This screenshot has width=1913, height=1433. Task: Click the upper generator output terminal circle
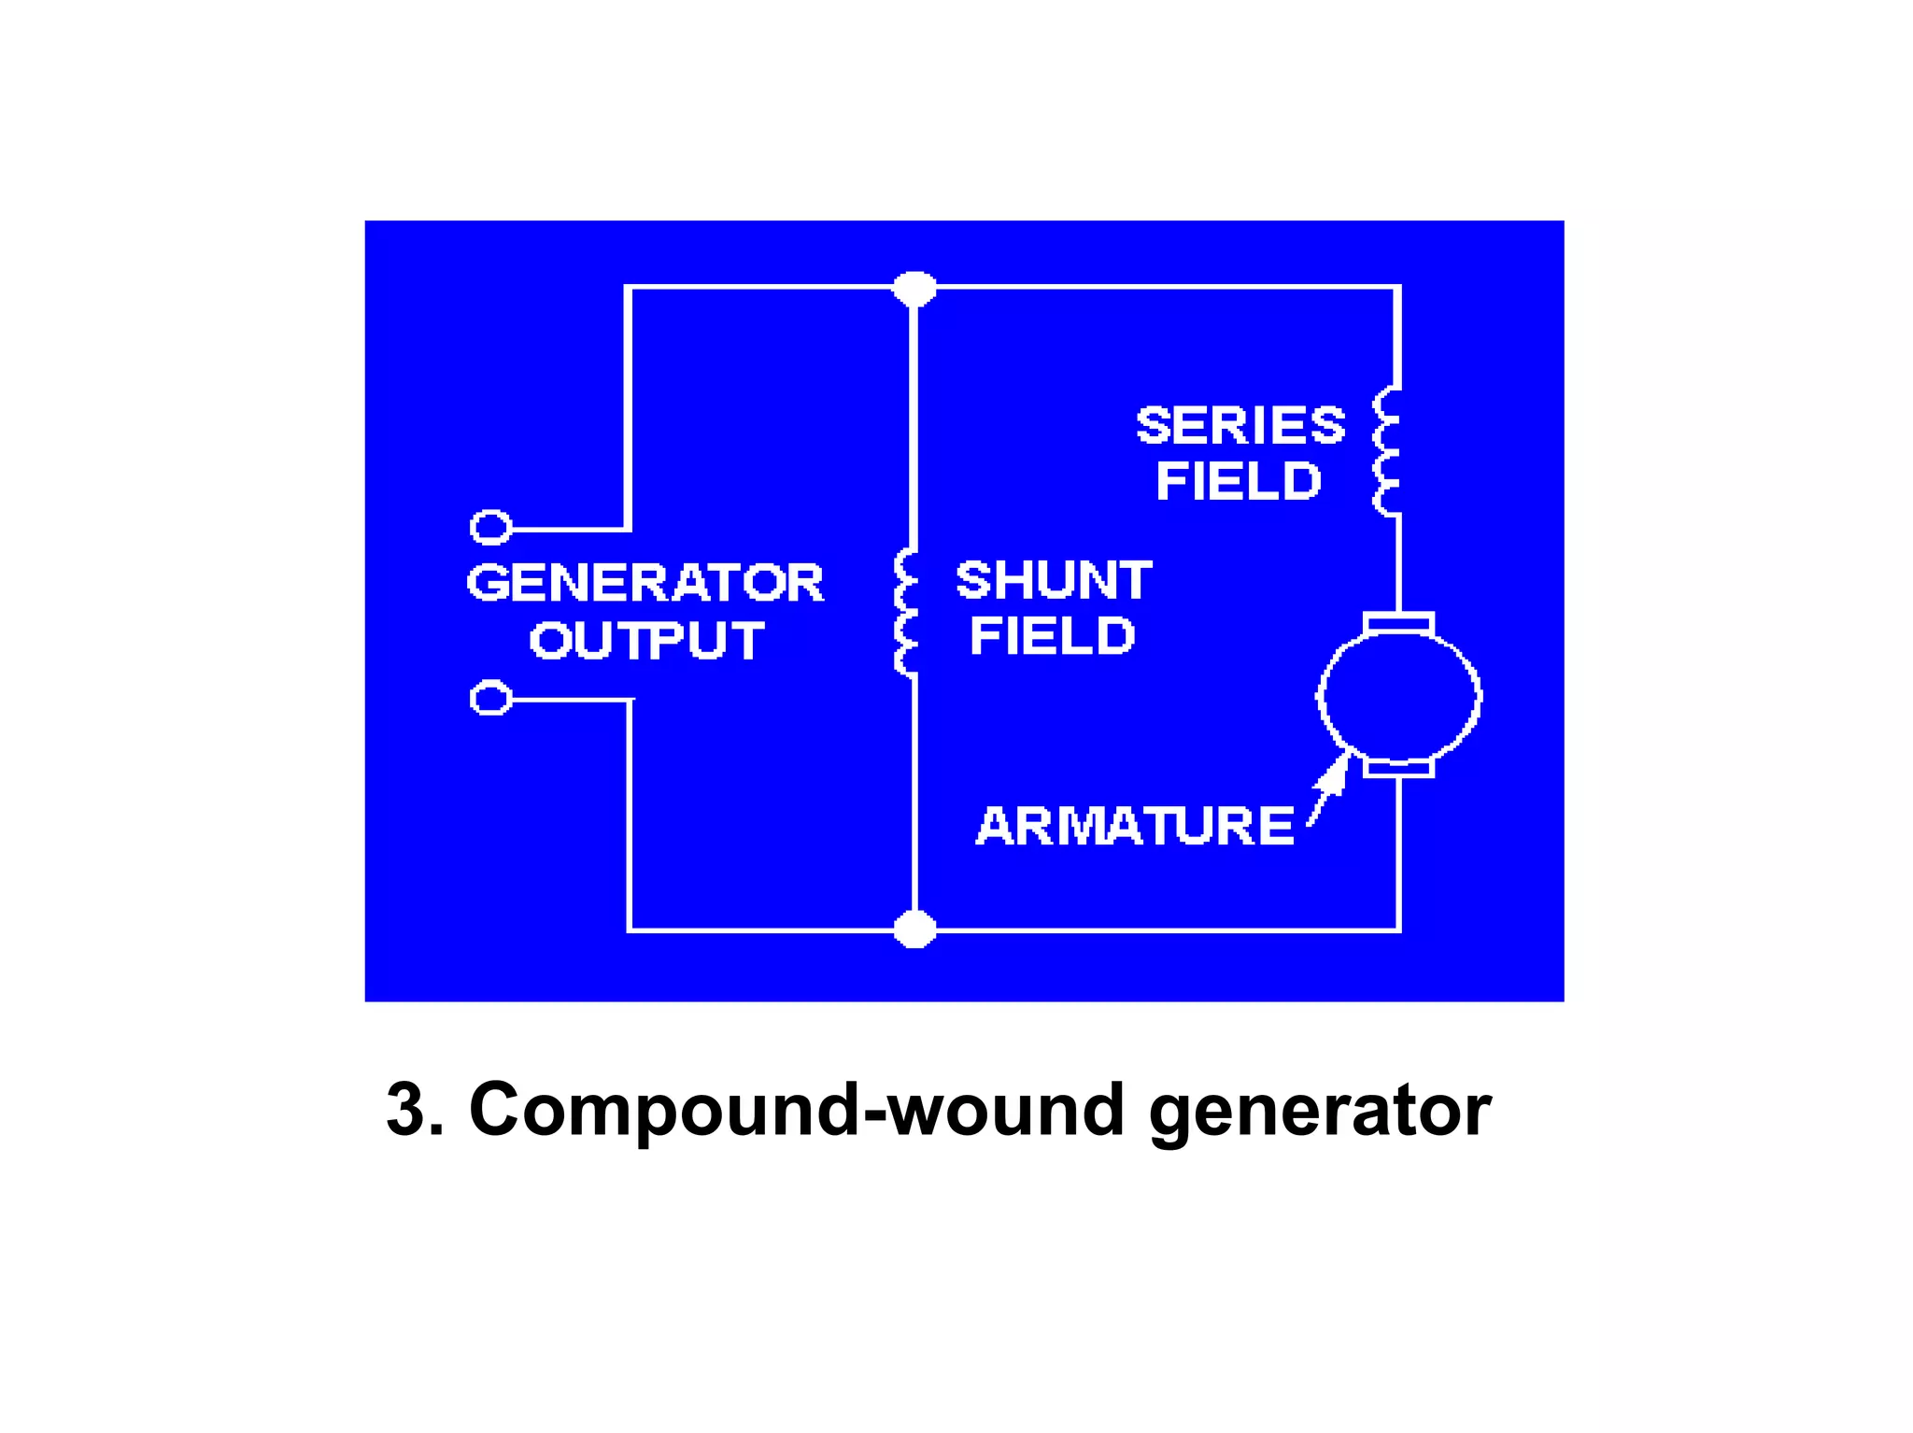[490, 528]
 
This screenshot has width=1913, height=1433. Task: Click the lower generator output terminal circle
[490, 699]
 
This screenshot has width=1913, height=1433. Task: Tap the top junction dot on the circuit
[914, 288]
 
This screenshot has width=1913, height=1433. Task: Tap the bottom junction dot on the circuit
[914, 929]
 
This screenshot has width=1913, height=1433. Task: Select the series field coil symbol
[1386, 452]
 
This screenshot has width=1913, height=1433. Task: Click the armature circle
[1398, 696]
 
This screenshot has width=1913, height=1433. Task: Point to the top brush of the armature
[1398, 622]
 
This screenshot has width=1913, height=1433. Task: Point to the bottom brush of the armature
[1398, 768]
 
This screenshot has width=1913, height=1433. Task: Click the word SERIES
[1240, 426]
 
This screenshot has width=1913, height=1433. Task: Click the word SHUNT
[1054, 580]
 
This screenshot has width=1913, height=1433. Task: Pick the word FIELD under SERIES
[1239, 482]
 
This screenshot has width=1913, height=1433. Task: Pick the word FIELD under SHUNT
[1052, 636]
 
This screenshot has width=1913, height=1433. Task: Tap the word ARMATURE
[1135, 826]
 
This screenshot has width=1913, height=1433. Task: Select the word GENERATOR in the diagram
[645, 583]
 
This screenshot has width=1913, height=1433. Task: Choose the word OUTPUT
[646, 641]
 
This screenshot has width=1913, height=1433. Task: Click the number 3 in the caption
[409, 1109]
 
